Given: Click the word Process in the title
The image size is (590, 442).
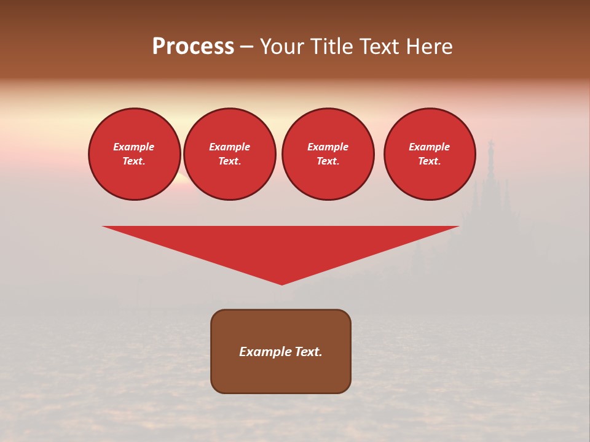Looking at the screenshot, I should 193,47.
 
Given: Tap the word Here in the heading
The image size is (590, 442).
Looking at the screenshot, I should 428,47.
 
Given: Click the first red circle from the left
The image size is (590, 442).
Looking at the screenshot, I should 135,154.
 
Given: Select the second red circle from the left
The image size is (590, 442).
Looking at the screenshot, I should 229,154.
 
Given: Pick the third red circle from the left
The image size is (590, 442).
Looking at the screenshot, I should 328,154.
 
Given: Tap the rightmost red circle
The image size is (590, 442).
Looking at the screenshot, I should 430,154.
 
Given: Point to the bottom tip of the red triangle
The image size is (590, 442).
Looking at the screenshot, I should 282,284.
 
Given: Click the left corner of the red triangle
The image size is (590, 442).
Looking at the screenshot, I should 103,227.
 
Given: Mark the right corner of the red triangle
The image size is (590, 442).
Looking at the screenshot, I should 458,227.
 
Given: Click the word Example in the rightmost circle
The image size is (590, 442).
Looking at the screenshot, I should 429,147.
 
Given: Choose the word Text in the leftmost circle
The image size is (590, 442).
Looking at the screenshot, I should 133,161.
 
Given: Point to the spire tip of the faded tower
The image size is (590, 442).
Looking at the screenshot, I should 490,140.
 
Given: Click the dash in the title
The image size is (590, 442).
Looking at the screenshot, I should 247,47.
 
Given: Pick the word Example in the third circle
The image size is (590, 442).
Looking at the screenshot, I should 328,147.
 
